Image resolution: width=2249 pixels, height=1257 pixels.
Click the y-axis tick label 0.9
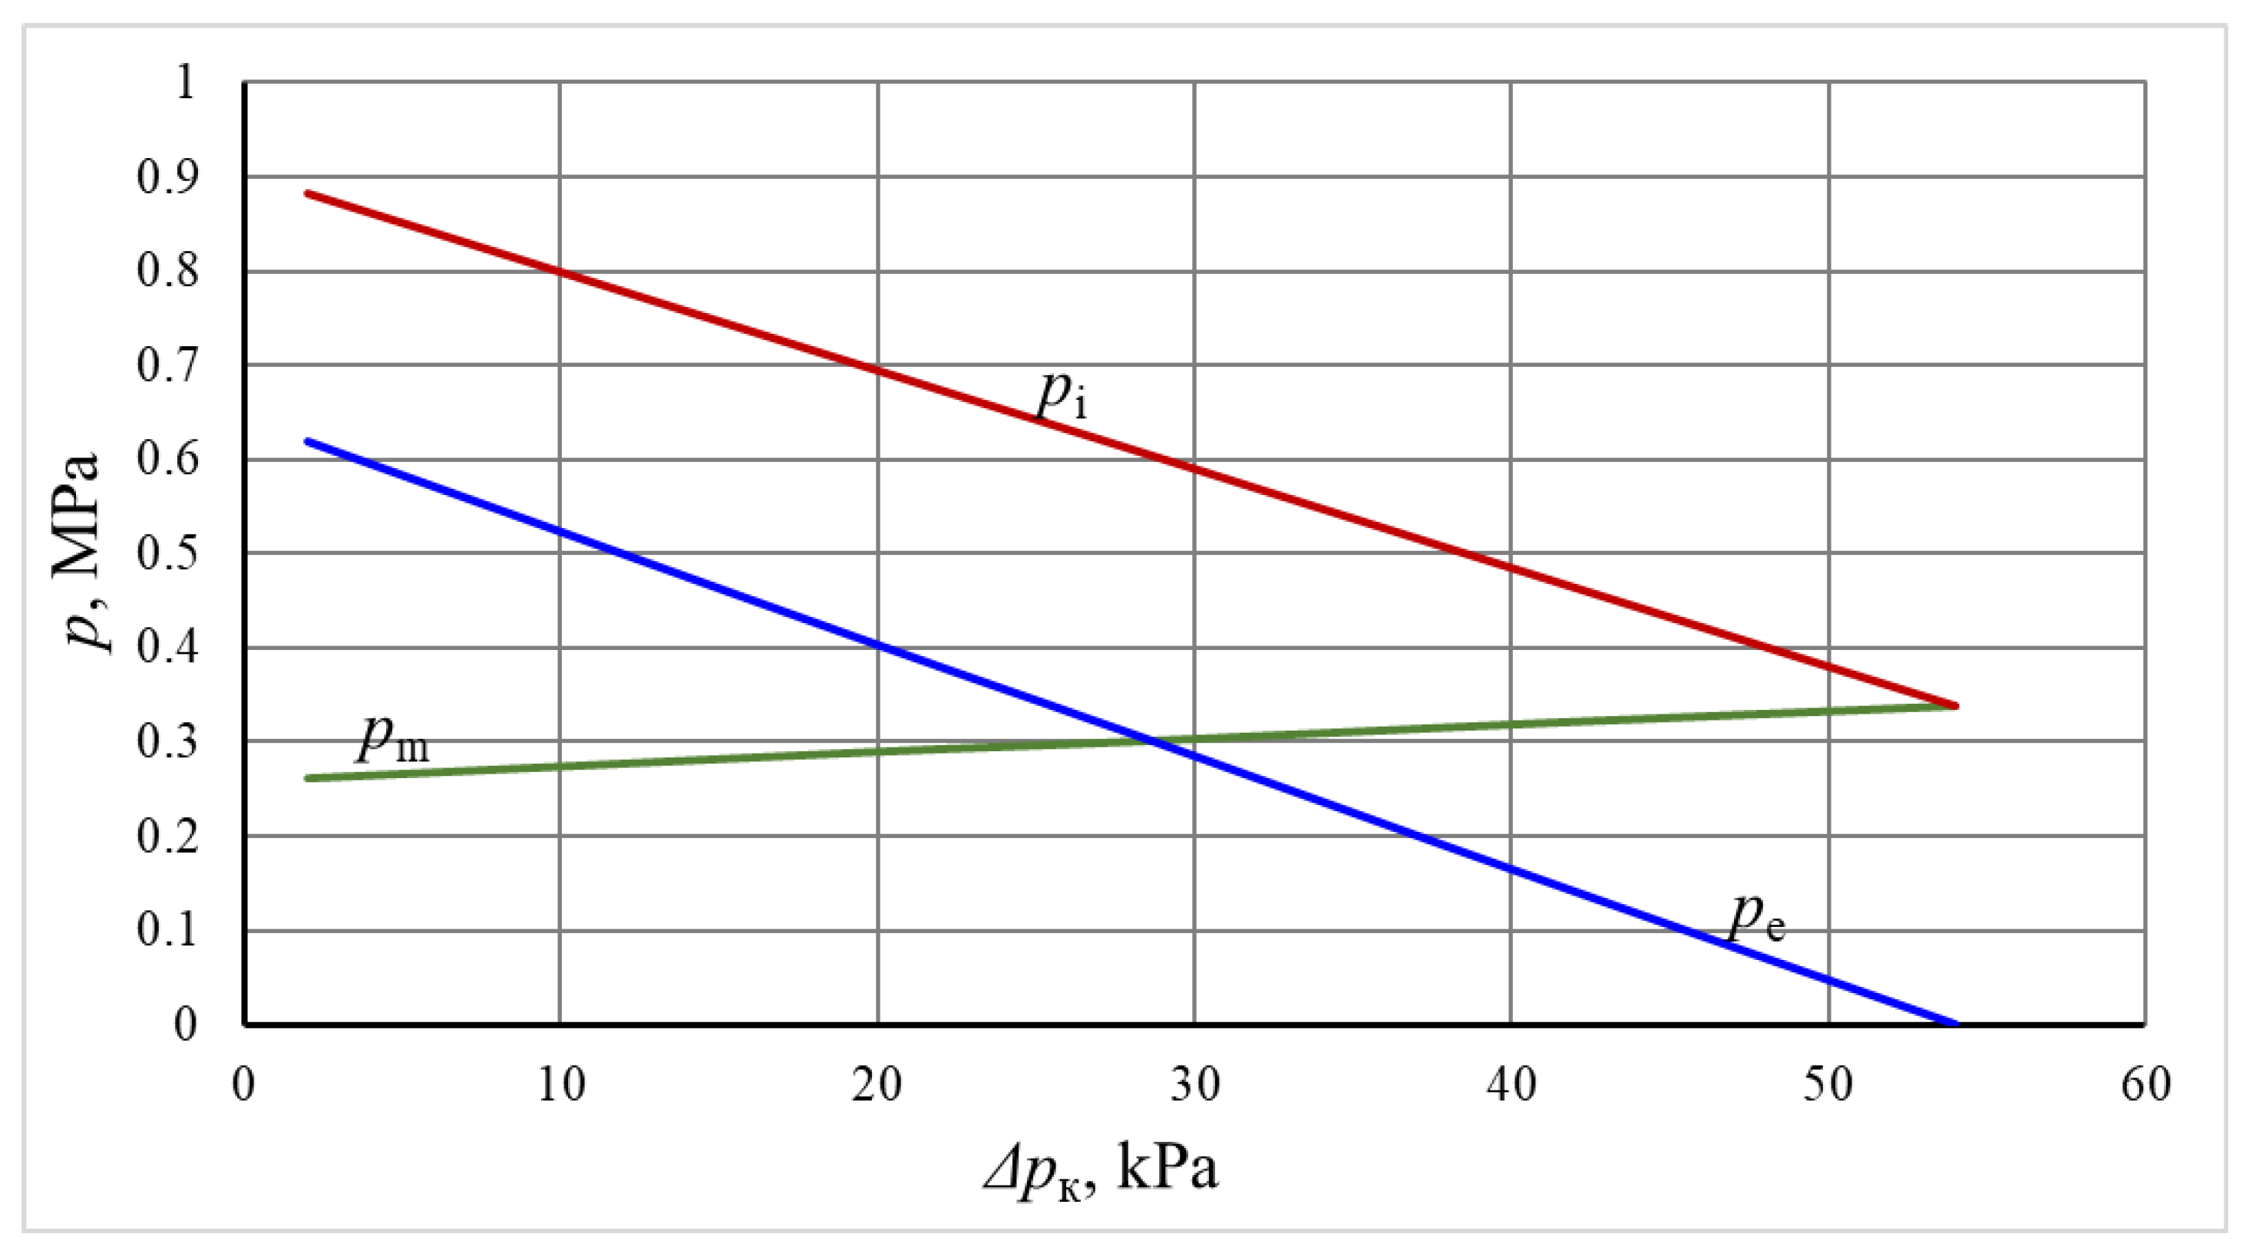167,177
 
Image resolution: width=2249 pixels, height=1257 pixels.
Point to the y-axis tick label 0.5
167,553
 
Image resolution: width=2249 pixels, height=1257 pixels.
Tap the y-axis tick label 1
184,84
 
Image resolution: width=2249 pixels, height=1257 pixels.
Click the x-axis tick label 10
560,1085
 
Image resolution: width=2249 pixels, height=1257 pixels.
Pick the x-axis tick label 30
1194,1085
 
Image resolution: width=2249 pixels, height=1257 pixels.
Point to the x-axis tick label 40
1511,1085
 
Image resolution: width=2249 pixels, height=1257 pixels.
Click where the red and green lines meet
1956,705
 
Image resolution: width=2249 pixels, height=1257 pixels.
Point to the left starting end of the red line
307,193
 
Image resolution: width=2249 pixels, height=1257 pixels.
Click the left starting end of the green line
307,778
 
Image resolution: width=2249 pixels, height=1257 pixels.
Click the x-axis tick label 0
243,1085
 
